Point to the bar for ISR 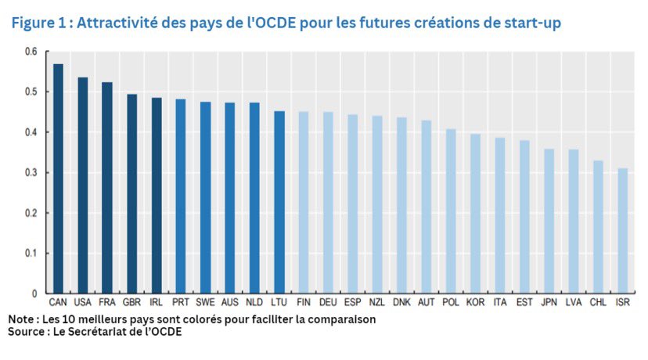coord(622,231)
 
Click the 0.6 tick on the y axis coord(31,52)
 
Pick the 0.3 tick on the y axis coord(31,173)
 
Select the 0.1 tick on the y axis coord(31,254)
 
